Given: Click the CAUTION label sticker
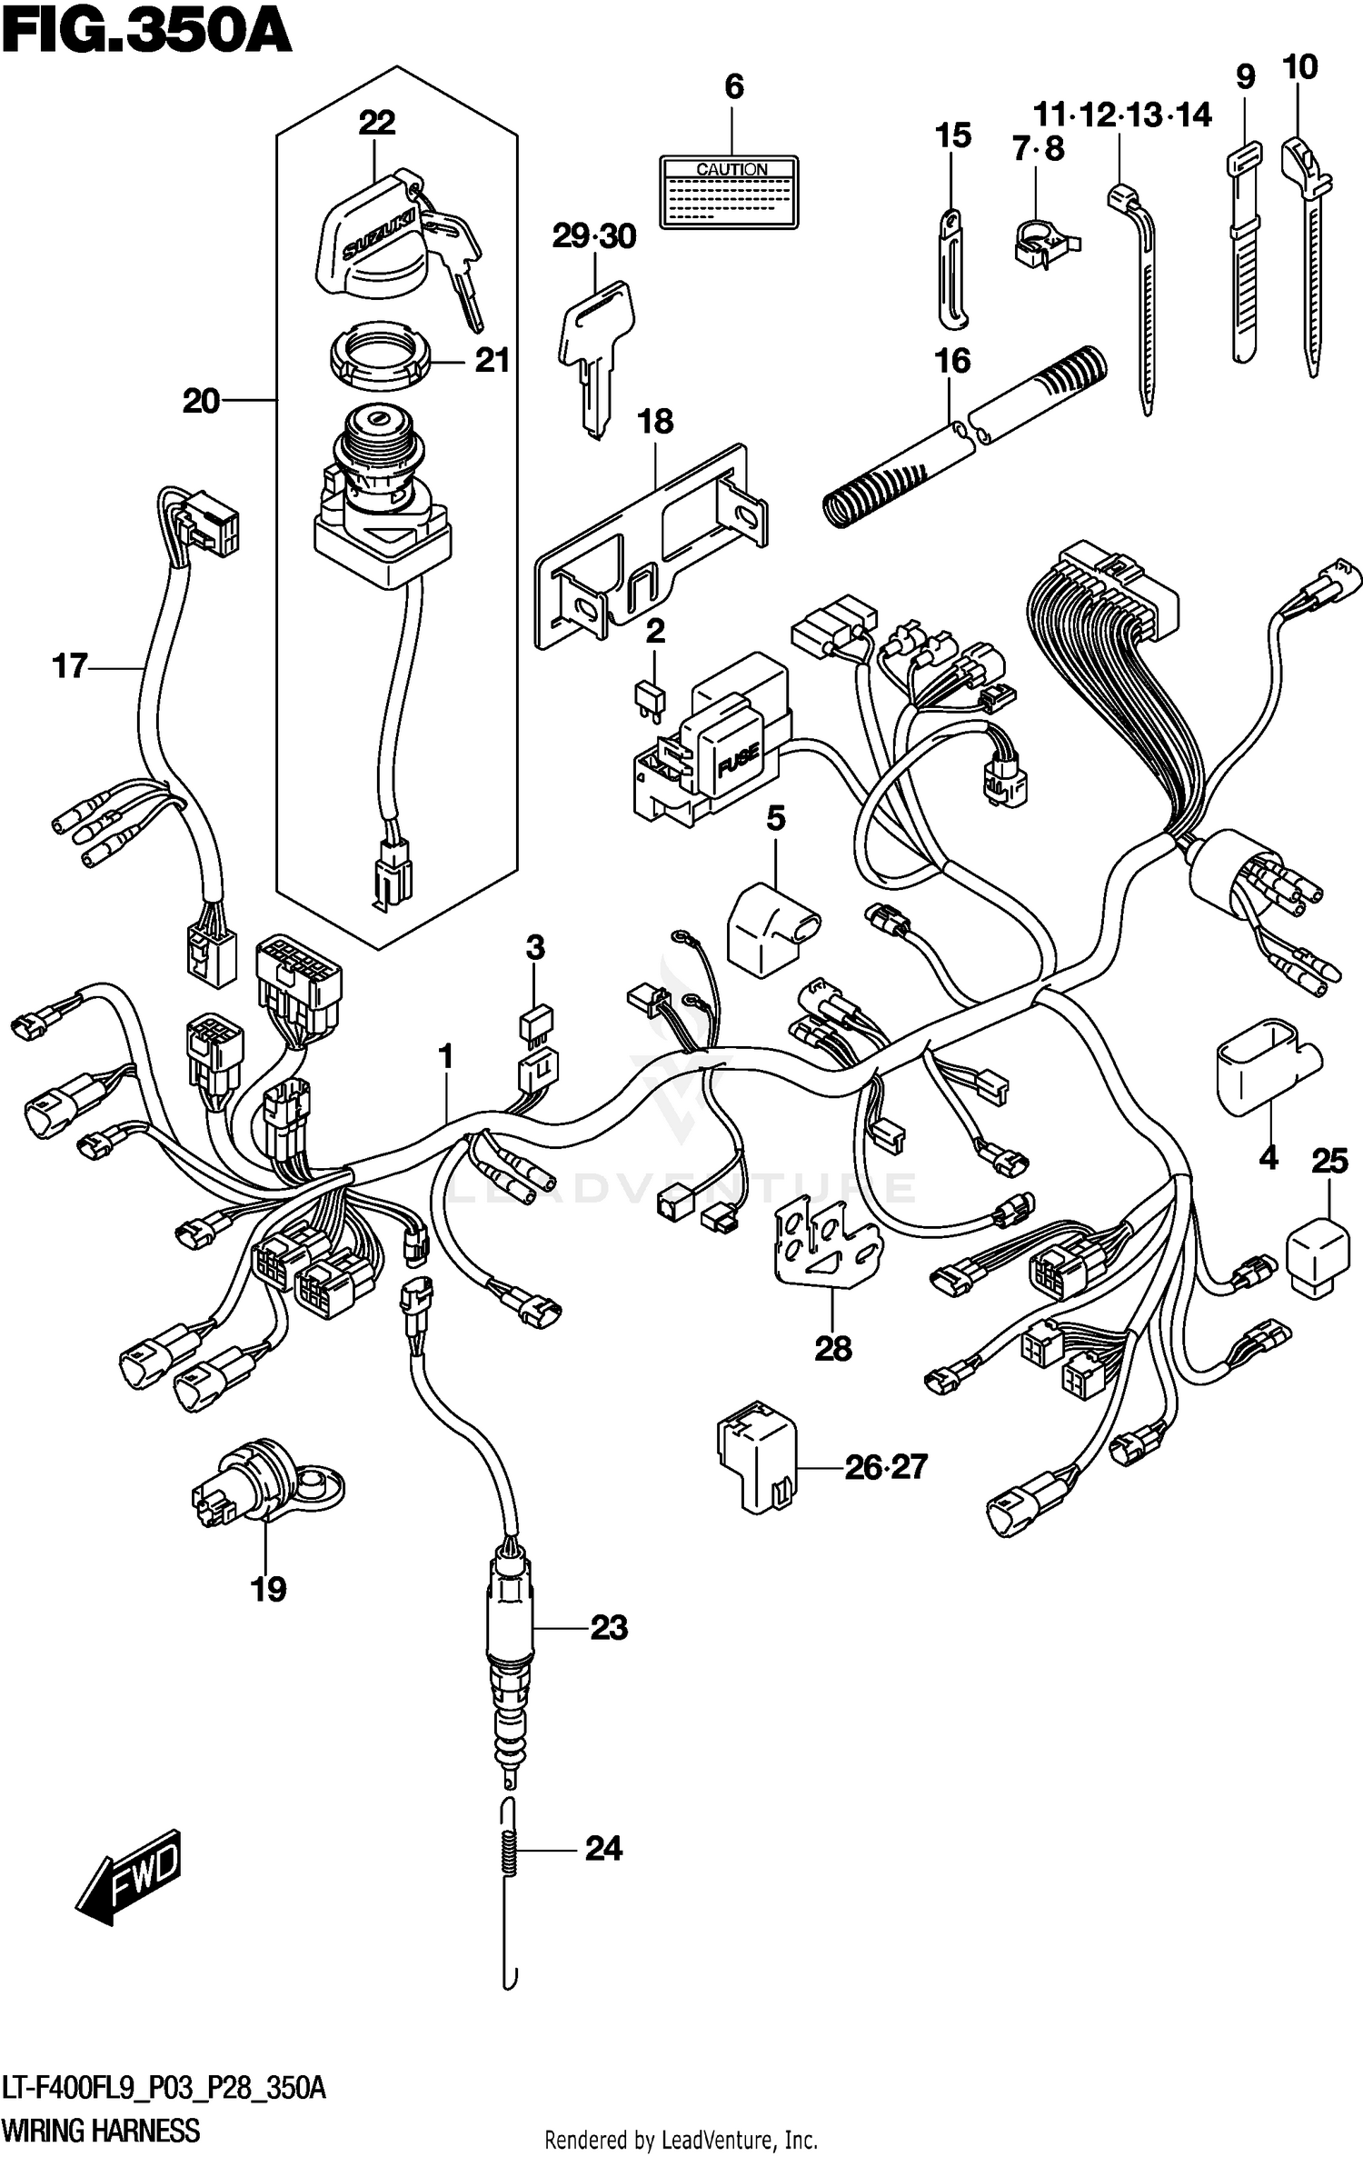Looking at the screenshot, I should pos(729,192).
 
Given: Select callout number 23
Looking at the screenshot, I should pos(608,1627).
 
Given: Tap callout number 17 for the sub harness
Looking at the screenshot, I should pos(69,666).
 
